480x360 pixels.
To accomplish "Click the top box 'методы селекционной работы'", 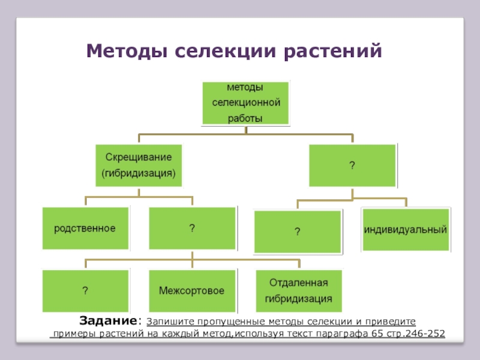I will (246, 103).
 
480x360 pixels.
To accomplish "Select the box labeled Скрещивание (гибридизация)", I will (139, 165).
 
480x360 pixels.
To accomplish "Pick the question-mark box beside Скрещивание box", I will (352, 165).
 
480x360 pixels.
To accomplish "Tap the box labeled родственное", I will (85, 228).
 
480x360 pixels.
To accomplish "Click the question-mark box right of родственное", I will (192, 228).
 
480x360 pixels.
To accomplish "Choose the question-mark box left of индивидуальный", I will (298, 231).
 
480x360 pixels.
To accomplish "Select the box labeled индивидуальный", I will (406, 229).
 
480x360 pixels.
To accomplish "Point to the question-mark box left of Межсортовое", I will (85, 291).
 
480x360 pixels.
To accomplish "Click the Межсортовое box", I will (192, 291).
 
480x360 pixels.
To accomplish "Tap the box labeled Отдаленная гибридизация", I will (298, 291).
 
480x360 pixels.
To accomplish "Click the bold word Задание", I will (109, 320).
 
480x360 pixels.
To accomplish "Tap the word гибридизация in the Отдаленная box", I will (298, 299).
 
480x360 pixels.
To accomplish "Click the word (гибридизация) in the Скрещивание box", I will (139, 173).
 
